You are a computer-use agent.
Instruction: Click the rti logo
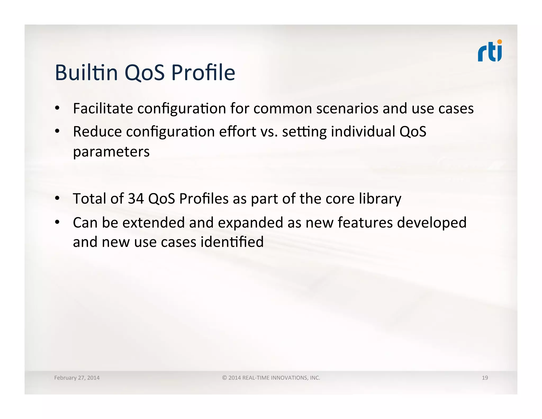tap(490, 52)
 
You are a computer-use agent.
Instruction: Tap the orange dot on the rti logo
tap(499, 42)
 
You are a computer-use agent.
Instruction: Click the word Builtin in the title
tap(86, 73)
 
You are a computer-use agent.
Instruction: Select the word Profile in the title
tap(203, 73)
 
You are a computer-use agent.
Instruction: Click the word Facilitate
tap(103, 109)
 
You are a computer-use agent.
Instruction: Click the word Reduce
tap(97, 132)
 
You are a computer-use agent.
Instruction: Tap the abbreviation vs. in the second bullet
tap(269, 132)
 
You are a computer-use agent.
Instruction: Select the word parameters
tap(111, 152)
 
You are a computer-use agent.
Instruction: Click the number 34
tap(136, 199)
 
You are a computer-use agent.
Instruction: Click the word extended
tap(153, 222)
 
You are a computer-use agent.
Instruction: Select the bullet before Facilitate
tap(57, 108)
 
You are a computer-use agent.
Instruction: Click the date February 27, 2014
tap(77, 378)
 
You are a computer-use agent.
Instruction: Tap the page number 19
tap(485, 378)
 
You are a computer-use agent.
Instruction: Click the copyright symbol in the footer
tap(224, 378)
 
